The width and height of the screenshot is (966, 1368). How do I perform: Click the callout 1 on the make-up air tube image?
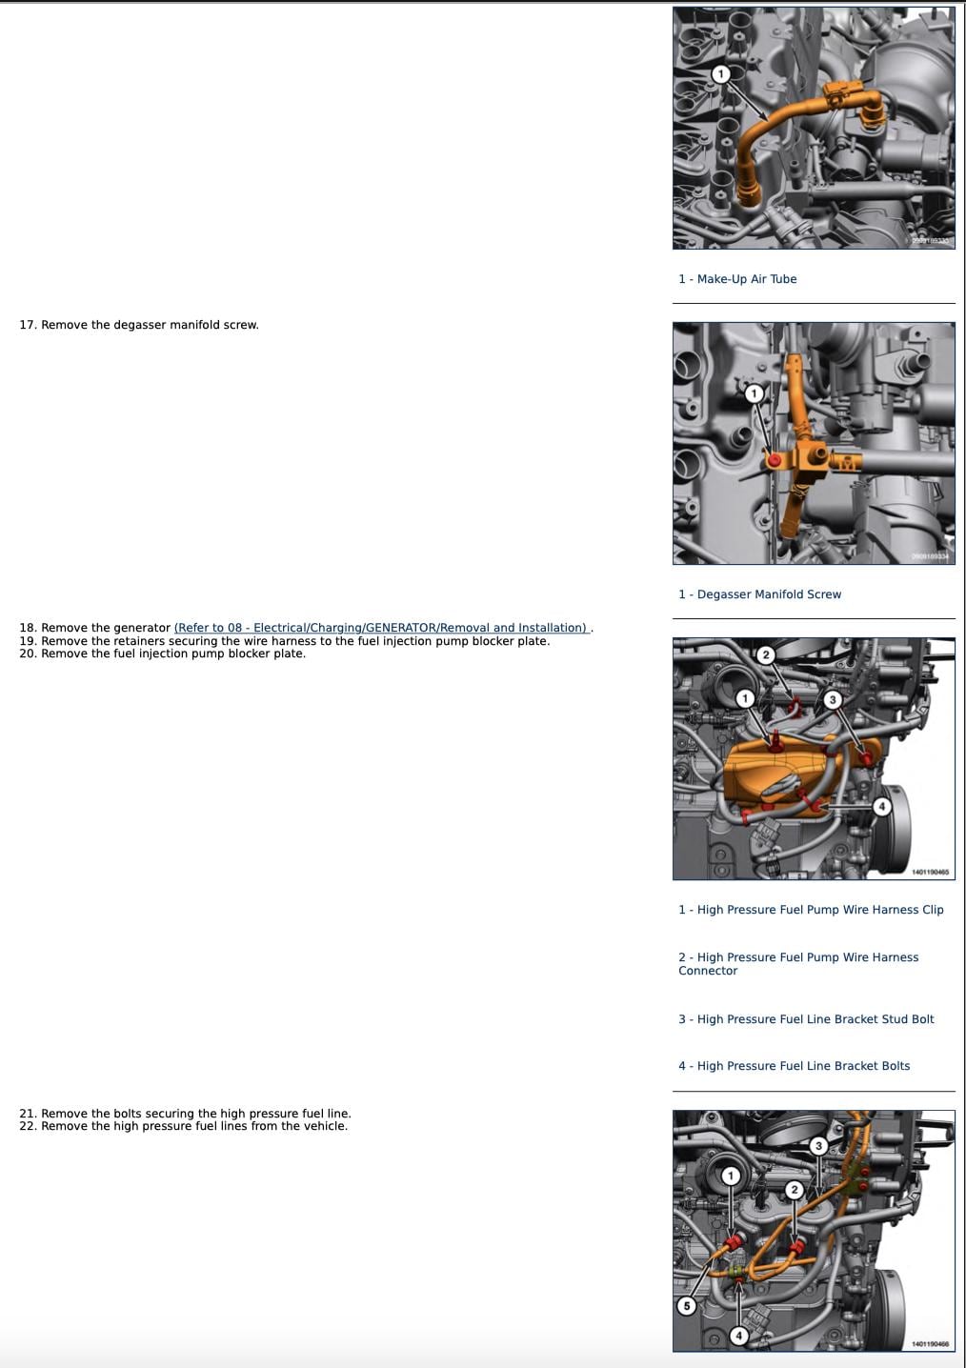(x=721, y=74)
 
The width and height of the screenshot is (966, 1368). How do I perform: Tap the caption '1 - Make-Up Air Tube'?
(x=737, y=279)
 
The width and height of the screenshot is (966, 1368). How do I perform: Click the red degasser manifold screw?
(x=775, y=459)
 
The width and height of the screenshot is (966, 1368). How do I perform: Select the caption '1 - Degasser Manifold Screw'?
(x=759, y=594)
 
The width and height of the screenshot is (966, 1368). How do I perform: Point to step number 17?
(x=28, y=325)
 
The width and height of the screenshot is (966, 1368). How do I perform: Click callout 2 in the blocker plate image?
(x=766, y=655)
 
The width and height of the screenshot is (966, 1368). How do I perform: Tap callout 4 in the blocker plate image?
(x=881, y=806)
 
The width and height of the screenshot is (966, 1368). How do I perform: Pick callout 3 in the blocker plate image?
(x=833, y=699)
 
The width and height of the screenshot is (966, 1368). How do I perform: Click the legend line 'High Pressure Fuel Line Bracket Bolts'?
(x=794, y=1066)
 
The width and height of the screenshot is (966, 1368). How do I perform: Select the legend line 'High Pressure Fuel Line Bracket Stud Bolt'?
(x=806, y=1018)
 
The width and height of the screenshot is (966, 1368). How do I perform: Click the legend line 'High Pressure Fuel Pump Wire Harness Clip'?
(x=811, y=910)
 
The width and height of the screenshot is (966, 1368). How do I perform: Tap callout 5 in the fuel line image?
(x=686, y=1306)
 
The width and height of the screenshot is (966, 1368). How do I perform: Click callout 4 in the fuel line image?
(x=739, y=1336)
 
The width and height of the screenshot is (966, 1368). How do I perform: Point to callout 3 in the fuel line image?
(x=819, y=1146)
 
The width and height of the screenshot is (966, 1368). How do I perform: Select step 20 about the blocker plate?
(x=162, y=654)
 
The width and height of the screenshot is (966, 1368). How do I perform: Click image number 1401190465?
(x=930, y=872)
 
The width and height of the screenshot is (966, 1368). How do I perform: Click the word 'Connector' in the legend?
(x=708, y=971)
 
